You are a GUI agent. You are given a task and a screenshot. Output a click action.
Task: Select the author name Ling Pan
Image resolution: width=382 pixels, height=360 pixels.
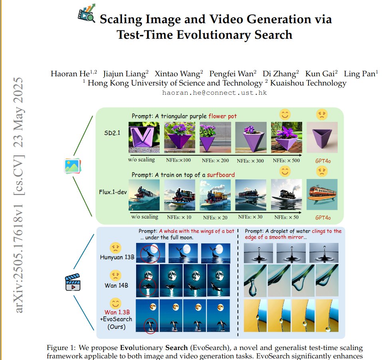click(x=362, y=74)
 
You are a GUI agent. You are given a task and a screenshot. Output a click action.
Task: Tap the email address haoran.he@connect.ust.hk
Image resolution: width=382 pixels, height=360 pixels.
click(x=214, y=92)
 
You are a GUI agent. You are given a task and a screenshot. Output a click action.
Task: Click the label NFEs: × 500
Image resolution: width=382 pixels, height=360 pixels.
click(x=286, y=160)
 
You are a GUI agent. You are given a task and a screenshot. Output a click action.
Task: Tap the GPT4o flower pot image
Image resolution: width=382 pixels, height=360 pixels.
click(x=321, y=137)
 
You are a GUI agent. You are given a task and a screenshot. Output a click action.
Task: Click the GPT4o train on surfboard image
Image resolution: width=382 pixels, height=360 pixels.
click(x=322, y=194)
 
